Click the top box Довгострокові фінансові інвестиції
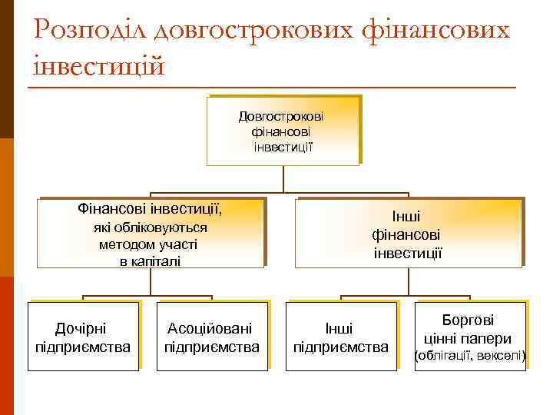[x=282, y=130]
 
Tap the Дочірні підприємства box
[x=84, y=337]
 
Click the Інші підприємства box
[x=341, y=337]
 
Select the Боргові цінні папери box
[x=469, y=337]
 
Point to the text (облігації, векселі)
[x=469, y=356]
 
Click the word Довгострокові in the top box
[x=281, y=116]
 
